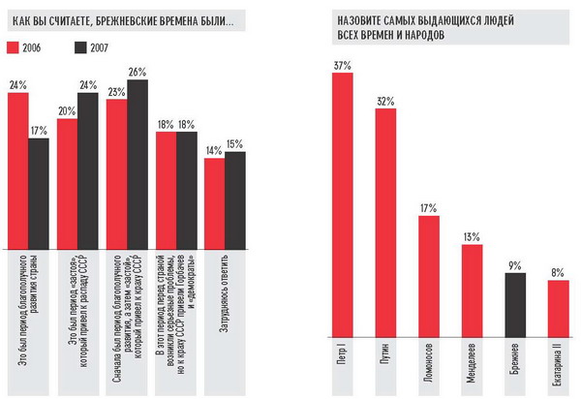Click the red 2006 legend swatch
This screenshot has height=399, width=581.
click(15, 46)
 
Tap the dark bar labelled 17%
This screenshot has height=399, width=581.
click(38, 193)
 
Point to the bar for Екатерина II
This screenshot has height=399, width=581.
click(558, 307)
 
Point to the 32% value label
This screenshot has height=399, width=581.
click(386, 101)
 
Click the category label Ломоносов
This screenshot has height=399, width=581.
click(429, 363)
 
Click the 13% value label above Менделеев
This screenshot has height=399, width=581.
click(473, 237)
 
